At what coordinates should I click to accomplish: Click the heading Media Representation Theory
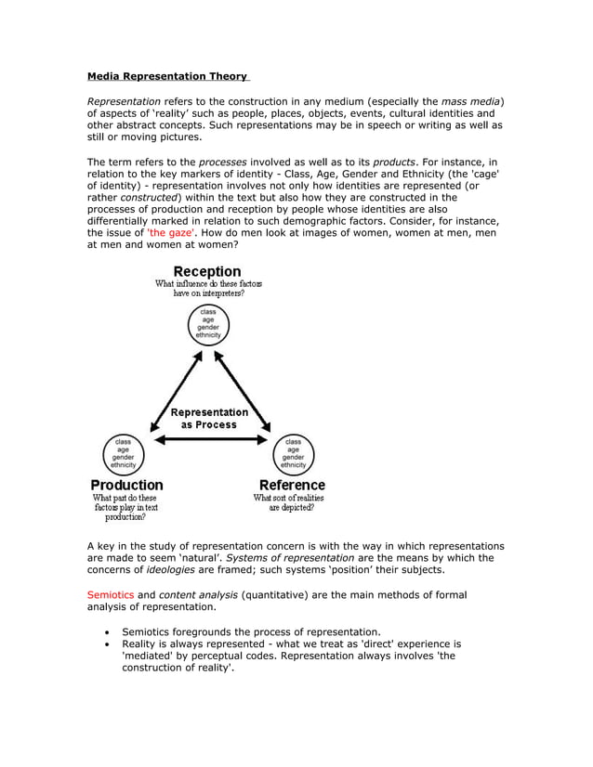tap(167, 76)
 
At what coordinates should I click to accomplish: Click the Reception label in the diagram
tap(208, 271)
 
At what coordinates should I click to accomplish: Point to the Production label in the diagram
tap(126, 485)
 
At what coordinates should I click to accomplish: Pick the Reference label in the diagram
tap(292, 485)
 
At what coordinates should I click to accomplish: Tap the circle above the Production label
tap(123, 452)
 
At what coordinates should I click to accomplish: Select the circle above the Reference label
tap(293, 452)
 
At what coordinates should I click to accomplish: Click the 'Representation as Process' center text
tap(208, 418)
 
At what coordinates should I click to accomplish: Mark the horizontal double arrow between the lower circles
tap(208, 438)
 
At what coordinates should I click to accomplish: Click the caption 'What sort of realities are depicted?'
tap(290, 503)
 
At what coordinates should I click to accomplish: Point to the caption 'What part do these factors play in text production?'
tap(126, 508)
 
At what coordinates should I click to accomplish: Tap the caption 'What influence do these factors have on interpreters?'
tap(208, 288)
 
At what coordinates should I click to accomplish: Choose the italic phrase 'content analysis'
tap(194, 594)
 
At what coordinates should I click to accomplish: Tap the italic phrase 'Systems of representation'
tap(290, 558)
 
